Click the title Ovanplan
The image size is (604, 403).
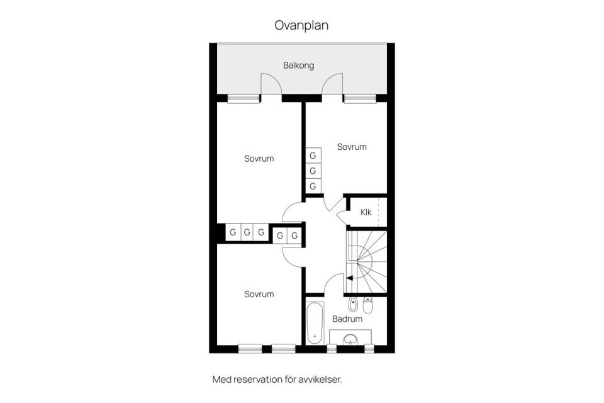301,25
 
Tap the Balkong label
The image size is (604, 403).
298,65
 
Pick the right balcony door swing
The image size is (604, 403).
333,84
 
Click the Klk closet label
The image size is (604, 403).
366,212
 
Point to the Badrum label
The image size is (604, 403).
347,319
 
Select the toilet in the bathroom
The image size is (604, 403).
368,305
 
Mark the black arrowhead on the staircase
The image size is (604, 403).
349,278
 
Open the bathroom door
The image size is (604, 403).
333,284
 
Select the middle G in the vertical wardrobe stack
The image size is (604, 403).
313,171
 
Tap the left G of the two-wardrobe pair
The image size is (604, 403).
280,236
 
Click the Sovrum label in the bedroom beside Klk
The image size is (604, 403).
351,147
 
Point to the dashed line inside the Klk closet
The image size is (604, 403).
379,212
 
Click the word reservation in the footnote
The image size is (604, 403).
257,380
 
